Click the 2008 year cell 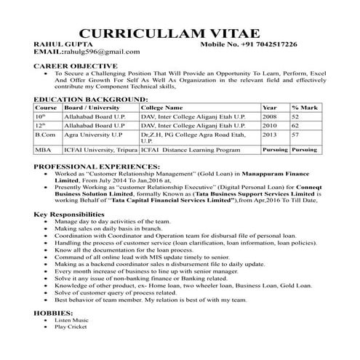click(269, 116)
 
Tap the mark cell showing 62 click(296, 125)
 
